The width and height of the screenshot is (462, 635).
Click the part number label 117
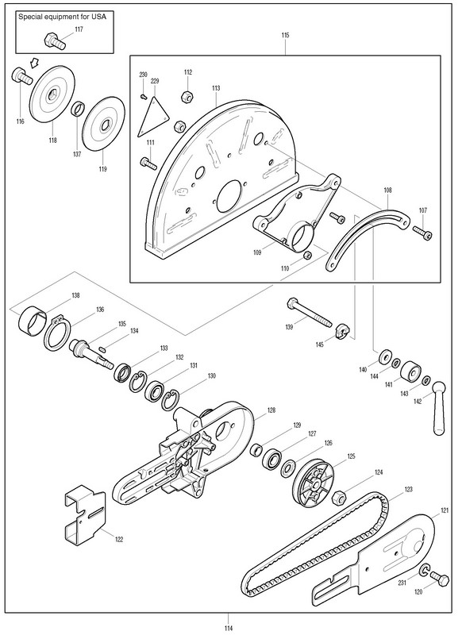[x=79, y=29]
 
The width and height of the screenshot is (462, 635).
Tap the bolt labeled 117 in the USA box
[x=54, y=41]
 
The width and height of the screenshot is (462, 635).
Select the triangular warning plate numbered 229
[x=152, y=116]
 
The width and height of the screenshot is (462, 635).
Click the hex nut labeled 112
[x=187, y=97]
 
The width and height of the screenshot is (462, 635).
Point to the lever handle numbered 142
[x=438, y=408]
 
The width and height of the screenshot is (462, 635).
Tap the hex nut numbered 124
[x=338, y=498]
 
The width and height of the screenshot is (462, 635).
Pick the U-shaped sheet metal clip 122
[x=85, y=514]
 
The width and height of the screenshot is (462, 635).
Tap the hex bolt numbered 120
[x=439, y=579]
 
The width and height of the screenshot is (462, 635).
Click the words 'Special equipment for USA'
[x=63, y=17]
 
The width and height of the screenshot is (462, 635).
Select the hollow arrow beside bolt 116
[x=34, y=62]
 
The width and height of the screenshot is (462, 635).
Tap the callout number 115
[x=286, y=35]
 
